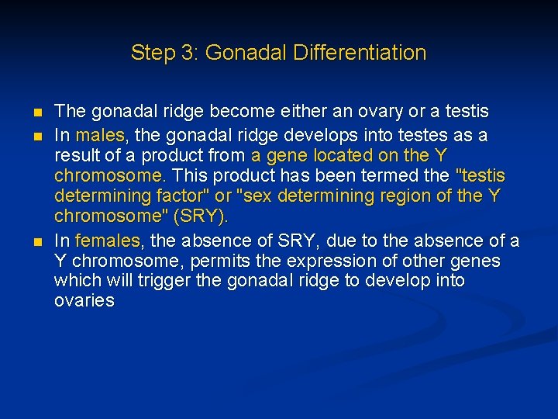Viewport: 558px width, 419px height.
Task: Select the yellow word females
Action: tap(108, 241)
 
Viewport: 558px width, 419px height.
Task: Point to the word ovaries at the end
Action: tap(84, 300)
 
